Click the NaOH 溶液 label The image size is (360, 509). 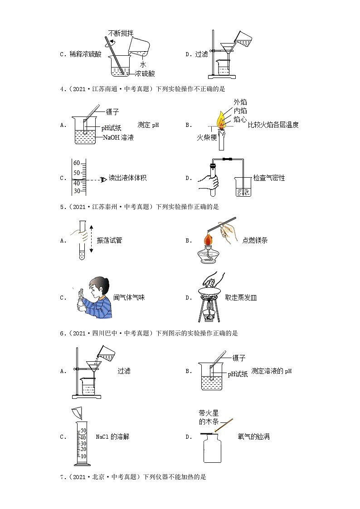(x=118, y=137)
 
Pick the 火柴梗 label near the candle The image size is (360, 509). (x=207, y=137)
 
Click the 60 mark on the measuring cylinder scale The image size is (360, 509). (x=76, y=163)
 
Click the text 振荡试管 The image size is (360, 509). (x=109, y=240)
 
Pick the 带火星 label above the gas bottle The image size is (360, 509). (x=205, y=413)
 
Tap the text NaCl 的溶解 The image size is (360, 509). (x=112, y=437)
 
